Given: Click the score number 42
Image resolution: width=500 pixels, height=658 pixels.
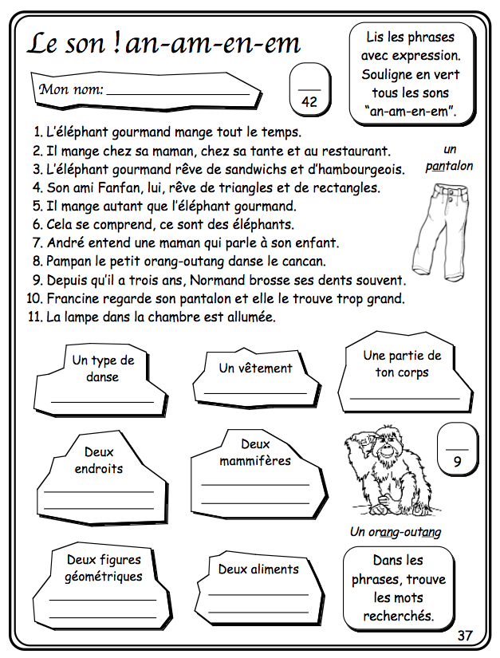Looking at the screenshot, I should (309, 101).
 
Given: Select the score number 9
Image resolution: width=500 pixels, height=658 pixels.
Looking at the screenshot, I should (457, 460).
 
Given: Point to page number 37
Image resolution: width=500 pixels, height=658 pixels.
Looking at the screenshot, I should (466, 635).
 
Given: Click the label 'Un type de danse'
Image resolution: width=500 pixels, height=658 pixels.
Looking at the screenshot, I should (103, 368).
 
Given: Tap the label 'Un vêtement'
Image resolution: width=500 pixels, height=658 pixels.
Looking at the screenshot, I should (255, 368).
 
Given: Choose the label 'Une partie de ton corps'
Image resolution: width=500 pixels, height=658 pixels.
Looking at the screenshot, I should (401, 364).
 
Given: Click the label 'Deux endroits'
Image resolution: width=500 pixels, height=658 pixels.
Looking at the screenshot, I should (98, 460).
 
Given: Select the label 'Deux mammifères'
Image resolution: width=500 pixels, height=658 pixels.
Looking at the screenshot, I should (255, 452).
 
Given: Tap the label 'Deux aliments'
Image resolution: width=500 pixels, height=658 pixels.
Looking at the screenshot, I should (258, 569).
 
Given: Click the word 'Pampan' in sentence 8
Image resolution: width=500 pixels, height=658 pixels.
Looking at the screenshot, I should (69, 262).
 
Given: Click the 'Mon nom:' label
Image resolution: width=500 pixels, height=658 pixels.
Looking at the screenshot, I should (72, 89).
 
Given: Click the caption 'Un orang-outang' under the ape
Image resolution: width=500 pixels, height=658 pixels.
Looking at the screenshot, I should (396, 531).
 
